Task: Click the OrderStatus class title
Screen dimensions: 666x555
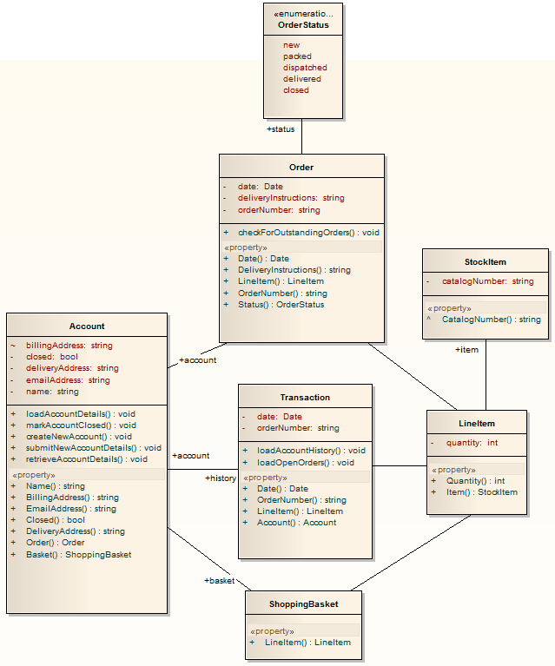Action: coord(303,25)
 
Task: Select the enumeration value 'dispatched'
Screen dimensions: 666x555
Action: coord(305,68)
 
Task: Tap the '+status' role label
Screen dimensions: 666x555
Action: coord(281,129)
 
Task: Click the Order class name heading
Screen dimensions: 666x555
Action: coord(301,167)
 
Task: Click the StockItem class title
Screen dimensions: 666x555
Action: coord(485,262)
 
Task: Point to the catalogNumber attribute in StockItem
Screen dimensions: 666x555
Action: coord(487,281)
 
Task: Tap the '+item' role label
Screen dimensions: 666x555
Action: coord(466,350)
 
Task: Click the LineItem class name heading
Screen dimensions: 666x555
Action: coord(477,423)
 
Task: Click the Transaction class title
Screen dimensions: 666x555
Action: coord(305,397)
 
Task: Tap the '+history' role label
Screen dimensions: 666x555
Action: coord(221,478)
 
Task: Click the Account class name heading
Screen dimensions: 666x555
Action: coord(87,326)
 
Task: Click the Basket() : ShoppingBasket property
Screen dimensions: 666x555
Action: coord(78,554)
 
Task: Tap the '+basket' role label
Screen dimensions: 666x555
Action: coord(219,581)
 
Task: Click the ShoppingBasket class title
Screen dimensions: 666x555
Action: coord(303,604)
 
